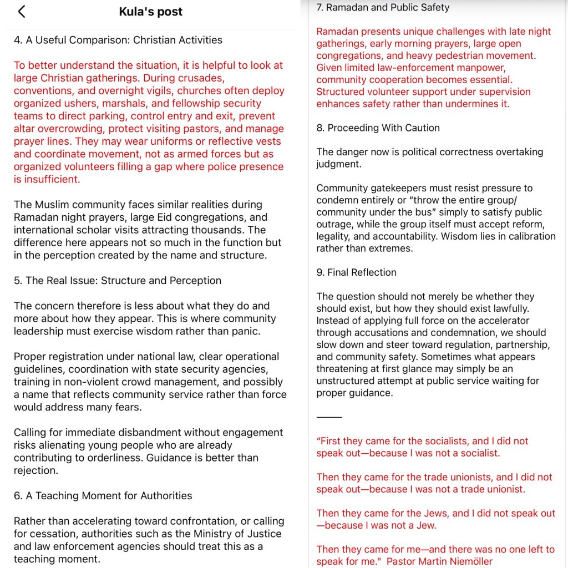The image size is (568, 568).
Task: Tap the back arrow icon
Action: pos(22,12)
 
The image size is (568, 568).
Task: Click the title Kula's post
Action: pos(150,12)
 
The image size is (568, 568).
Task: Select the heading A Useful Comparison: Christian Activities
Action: pos(118,40)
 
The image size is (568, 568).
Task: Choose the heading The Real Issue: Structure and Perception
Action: pos(118,281)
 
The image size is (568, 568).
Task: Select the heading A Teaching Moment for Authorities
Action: pos(103,496)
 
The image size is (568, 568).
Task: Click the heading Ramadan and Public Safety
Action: pos(383,8)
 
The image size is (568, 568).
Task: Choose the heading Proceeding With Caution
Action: pos(378,128)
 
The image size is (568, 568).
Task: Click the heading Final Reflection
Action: pos(357,272)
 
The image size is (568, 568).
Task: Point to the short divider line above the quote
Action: pos(329,417)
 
